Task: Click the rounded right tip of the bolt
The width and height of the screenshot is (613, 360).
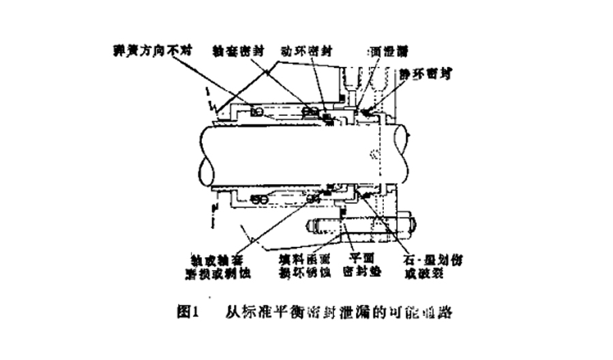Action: pyautogui.click(x=410, y=225)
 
